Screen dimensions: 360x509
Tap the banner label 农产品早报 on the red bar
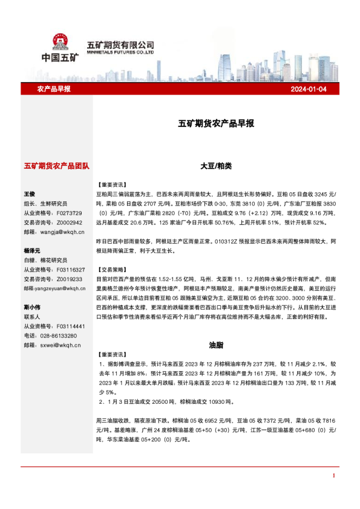(x=54, y=89)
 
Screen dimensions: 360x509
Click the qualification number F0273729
(x=70, y=213)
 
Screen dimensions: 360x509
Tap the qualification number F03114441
(x=71, y=326)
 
